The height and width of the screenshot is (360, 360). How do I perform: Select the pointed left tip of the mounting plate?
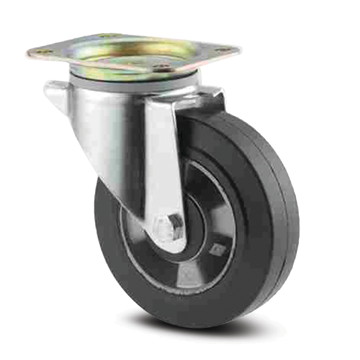[27, 54]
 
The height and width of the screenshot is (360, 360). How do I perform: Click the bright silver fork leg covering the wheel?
[162, 162]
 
